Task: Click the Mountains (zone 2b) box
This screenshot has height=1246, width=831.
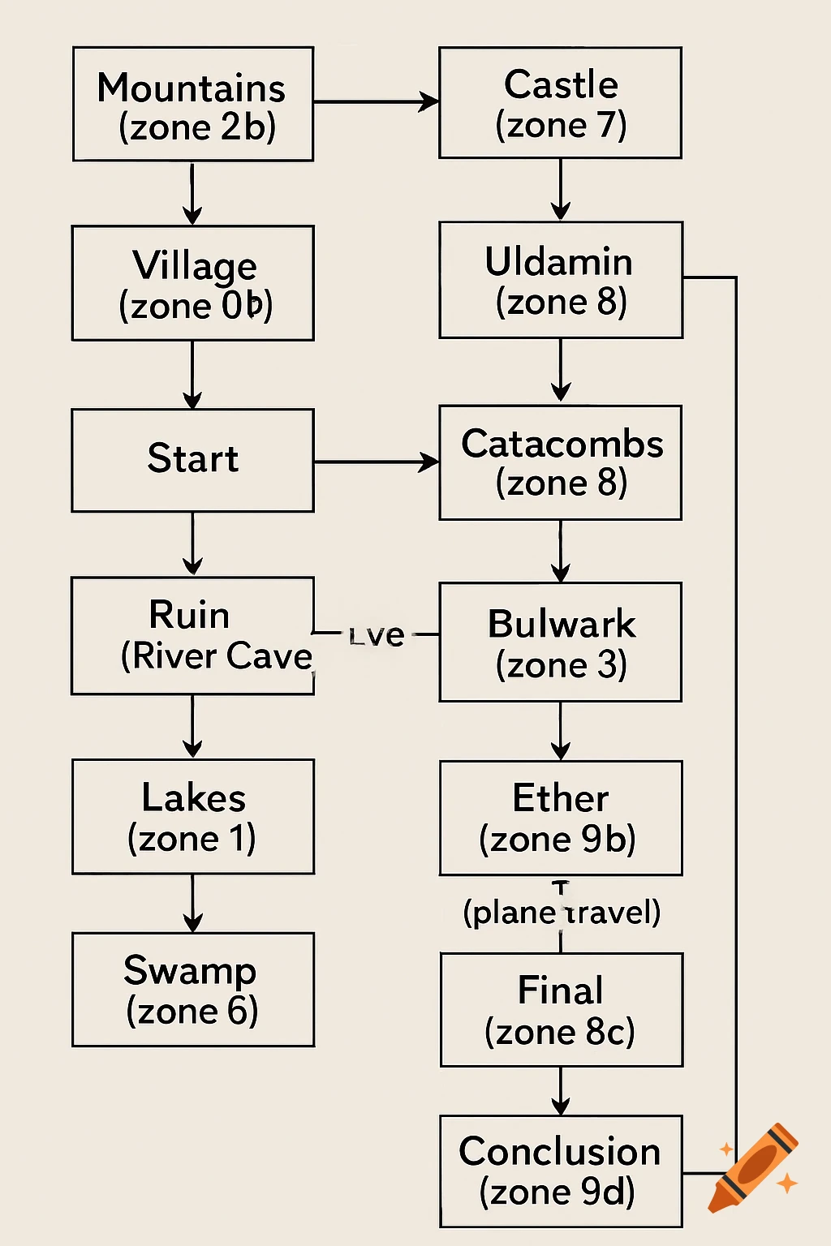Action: tap(193, 104)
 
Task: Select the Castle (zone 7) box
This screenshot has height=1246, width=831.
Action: tap(560, 103)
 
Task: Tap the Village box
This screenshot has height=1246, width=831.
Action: tap(193, 283)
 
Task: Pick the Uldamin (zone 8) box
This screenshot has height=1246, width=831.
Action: tap(560, 280)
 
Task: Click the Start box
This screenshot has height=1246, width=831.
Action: tap(193, 460)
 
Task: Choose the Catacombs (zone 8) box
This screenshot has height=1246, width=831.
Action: tap(560, 462)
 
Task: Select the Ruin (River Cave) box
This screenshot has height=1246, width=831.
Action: tap(193, 636)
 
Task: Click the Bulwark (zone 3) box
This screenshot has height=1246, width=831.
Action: tap(560, 642)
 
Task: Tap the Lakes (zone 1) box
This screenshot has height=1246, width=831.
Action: tap(193, 817)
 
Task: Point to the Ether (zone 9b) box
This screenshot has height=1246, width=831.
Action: tap(560, 818)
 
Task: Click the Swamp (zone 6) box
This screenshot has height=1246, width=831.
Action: tap(193, 990)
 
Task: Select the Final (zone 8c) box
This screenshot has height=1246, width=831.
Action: tap(561, 1010)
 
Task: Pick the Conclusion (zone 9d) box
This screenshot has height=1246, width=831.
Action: tap(560, 1171)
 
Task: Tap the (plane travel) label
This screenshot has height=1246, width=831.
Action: tap(562, 913)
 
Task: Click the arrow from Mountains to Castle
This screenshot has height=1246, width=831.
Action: tap(376, 102)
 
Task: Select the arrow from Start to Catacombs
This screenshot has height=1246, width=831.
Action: tap(376, 462)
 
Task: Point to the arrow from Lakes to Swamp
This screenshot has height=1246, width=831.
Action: tap(192, 903)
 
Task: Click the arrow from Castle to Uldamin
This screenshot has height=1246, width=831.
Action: tap(560, 189)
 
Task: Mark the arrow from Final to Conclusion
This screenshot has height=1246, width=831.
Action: tap(560, 1091)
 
